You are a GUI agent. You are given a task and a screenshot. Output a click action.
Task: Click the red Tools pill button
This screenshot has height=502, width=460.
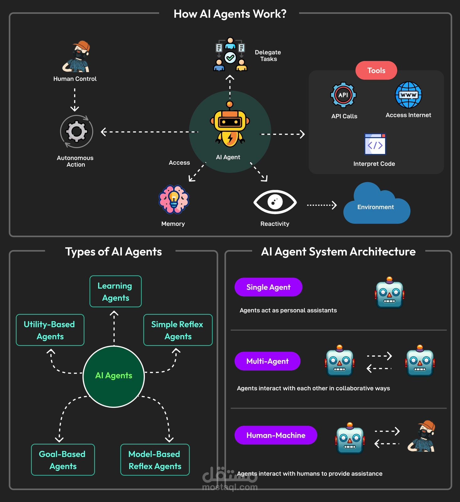click(376, 70)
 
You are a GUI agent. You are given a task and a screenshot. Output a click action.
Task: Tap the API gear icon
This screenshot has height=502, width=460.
click(343, 95)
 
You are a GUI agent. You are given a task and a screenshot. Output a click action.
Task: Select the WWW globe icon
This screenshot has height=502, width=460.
click(408, 95)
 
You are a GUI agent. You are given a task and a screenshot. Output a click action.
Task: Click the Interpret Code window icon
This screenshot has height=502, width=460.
click(375, 144)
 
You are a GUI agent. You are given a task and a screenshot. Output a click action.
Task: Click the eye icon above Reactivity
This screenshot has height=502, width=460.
click(275, 202)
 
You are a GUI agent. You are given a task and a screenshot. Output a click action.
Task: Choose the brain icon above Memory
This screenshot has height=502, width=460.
click(174, 200)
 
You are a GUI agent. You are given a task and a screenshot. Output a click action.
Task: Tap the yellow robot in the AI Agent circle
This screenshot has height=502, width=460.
click(230, 125)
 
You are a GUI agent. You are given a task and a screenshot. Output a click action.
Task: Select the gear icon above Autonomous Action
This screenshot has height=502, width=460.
click(77, 131)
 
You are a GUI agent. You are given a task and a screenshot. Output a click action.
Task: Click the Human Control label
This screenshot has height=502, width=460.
click(75, 79)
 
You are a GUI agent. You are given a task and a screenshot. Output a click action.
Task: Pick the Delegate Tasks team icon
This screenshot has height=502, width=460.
click(230, 54)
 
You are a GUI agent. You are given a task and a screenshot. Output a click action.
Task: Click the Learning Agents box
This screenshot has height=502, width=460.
click(115, 291)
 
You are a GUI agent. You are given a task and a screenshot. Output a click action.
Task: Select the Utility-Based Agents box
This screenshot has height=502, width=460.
click(50, 330)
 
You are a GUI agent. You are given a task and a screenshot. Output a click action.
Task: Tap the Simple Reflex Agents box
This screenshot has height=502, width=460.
click(178, 330)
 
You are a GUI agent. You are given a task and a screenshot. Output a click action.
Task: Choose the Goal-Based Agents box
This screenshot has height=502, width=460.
click(63, 460)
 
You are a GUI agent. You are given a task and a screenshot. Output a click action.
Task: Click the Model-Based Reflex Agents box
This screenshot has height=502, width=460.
click(155, 460)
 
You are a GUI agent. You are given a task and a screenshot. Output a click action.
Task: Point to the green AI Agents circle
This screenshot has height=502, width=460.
click(114, 376)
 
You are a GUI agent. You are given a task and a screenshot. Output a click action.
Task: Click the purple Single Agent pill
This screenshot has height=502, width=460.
click(268, 287)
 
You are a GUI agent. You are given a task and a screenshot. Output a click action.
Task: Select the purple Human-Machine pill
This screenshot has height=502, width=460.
click(276, 435)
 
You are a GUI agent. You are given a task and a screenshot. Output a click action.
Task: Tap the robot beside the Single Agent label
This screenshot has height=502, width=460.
click(389, 292)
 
